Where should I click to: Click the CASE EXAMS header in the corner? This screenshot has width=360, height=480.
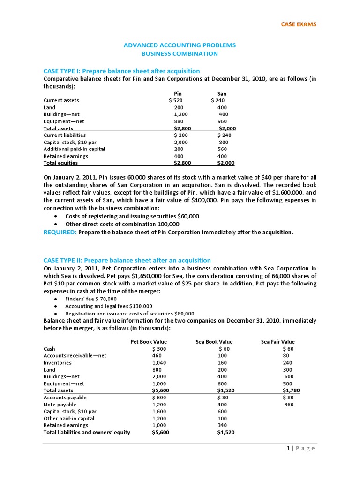point(298,24)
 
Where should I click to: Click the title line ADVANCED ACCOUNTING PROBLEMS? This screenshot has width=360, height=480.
point(180,45)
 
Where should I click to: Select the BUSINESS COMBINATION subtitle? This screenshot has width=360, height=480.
point(180,53)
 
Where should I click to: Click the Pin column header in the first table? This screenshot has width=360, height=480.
point(178,94)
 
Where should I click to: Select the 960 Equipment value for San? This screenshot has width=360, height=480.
point(223,121)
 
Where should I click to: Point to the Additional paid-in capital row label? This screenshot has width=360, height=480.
point(74,149)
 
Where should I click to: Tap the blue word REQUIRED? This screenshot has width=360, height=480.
point(60,232)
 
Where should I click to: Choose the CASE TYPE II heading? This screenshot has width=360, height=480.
point(127,260)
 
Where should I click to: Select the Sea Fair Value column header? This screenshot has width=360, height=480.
point(278,342)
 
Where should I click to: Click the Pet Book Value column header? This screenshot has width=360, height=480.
point(149,342)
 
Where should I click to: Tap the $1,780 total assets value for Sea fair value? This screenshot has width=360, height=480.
point(291,390)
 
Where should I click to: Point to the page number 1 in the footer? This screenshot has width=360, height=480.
point(288,448)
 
